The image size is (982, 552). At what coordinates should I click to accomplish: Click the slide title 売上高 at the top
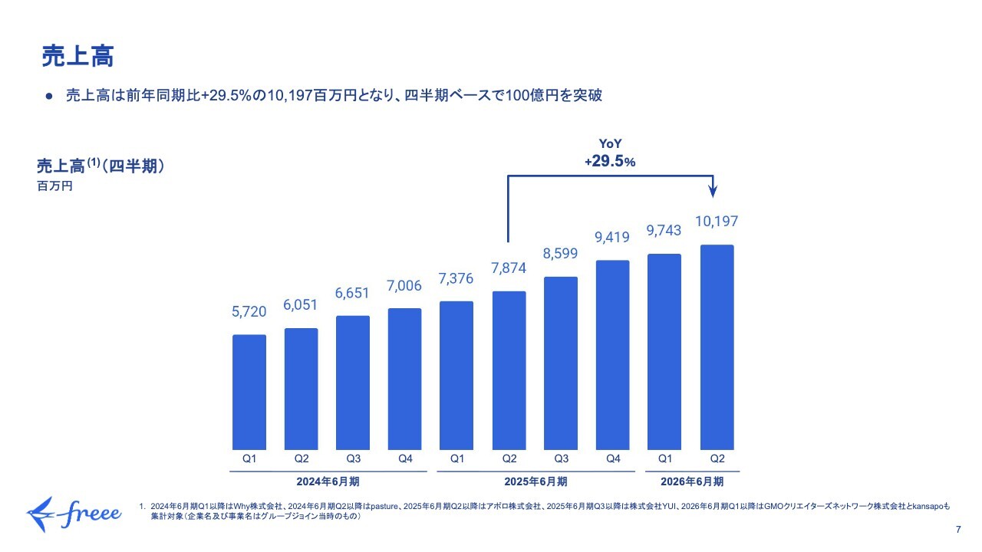click(x=77, y=56)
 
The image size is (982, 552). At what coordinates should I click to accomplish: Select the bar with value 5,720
click(x=249, y=392)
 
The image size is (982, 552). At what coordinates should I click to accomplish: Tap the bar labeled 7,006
click(x=405, y=379)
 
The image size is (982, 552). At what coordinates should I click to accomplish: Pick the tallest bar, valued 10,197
click(x=717, y=347)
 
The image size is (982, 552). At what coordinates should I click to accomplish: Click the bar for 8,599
click(x=561, y=363)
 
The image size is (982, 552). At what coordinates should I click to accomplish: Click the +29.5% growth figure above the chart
click(x=610, y=162)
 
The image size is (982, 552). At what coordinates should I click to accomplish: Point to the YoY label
click(x=610, y=143)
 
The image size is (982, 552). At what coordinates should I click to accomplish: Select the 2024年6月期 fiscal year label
click(x=328, y=482)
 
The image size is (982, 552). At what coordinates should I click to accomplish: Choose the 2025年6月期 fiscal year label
click(x=535, y=482)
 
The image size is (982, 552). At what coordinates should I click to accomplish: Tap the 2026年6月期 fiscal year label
click(x=691, y=482)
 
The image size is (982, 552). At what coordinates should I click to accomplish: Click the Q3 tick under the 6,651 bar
click(x=353, y=459)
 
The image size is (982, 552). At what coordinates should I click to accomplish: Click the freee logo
click(x=74, y=511)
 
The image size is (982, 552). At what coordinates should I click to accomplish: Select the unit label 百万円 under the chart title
click(x=54, y=186)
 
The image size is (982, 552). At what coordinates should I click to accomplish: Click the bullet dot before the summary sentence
click(x=48, y=96)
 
